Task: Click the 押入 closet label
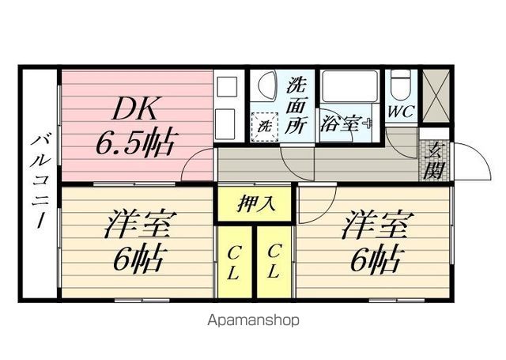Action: tap(255, 203)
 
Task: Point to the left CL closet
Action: tap(236, 262)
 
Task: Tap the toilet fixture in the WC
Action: tap(400, 85)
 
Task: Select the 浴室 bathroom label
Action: tap(342, 123)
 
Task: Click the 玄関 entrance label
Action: tap(434, 158)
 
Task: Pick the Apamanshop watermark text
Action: tap(253, 320)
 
